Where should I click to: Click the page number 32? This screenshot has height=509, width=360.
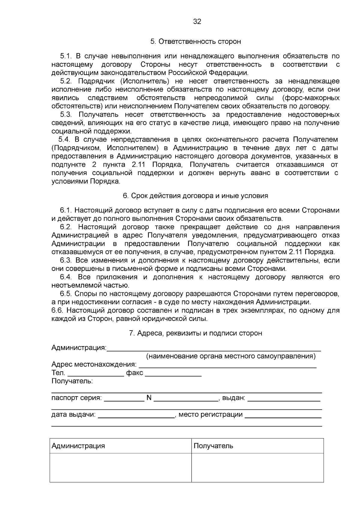click(x=197, y=22)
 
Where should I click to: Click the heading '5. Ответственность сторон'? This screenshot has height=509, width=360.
click(x=196, y=41)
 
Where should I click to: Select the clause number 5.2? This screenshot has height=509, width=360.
click(x=66, y=81)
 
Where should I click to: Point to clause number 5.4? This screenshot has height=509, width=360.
click(x=64, y=139)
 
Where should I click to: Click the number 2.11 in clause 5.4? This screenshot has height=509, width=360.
click(x=139, y=165)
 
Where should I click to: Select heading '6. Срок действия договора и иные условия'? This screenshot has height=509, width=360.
click(x=196, y=196)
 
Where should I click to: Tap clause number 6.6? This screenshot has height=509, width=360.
click(x=57, y=310)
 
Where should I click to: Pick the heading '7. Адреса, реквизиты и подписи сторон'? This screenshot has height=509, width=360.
click(x=196, y=333)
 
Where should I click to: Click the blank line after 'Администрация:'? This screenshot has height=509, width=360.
click(x=214, y=348)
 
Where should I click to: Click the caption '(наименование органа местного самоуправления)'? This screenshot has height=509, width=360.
click(x=231, y=356)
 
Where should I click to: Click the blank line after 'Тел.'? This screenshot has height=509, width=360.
click(x=96, y=373)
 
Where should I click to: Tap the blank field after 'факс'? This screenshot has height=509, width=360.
click(x=173, y=373)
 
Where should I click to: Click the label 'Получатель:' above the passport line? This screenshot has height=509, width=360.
click(x=72, y=381)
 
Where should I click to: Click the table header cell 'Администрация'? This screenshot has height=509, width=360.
click(x=78, y=446)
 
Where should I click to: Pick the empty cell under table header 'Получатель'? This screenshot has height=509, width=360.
click(x=257, y=468)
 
